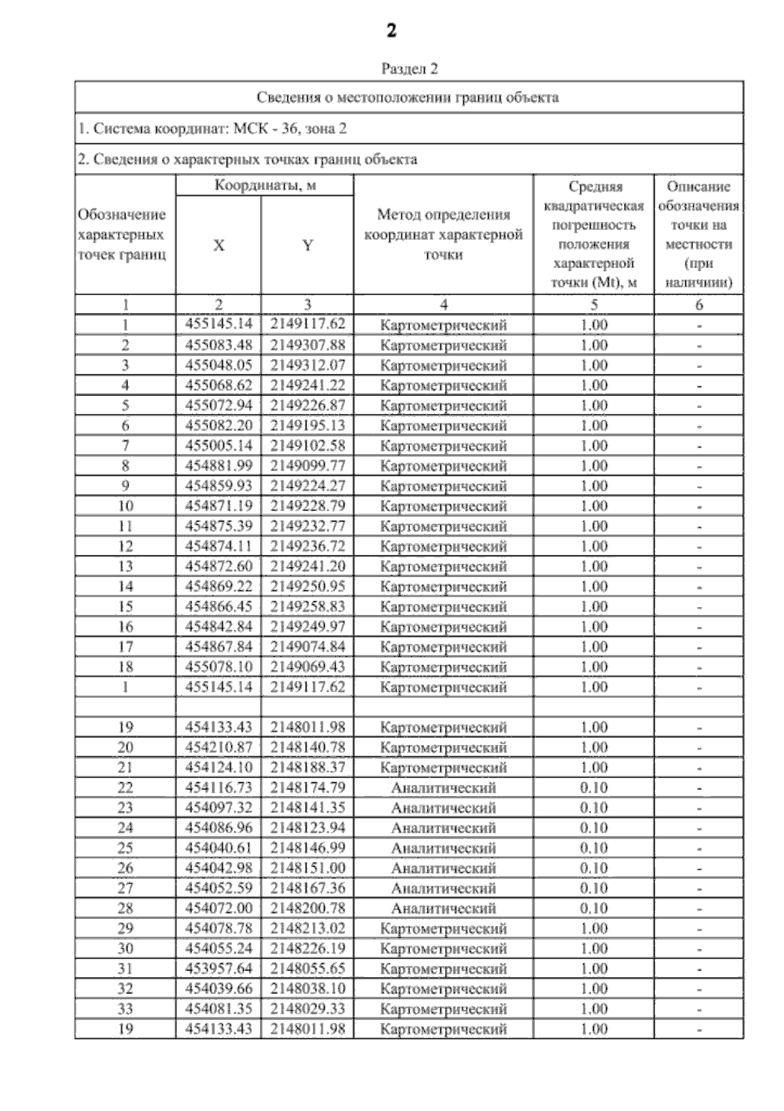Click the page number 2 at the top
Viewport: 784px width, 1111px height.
pos(391,31)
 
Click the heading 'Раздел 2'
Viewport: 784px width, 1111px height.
pos(409,69)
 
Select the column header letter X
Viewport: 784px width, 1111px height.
pos(218,245)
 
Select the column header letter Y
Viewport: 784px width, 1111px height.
pos(307,245)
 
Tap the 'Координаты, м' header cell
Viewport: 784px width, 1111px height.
pos(265,186)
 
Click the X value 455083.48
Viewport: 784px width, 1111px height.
pos(218,345)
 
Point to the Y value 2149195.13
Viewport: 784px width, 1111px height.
pos(307,425)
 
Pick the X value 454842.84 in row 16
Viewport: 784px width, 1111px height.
pos(218,627)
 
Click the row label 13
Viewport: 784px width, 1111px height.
pos(125,567)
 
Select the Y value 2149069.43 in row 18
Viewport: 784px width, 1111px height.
pos(307,667)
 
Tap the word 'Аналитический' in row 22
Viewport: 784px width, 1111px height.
pos(443,788)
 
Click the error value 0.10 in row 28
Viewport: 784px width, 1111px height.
pos(593,908)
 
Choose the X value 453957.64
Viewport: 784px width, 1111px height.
pos(218,969)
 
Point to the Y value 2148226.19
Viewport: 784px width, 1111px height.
pos(307,948)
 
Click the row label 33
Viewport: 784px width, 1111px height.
pos(125,1009)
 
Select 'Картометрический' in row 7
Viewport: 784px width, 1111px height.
pos(443,446)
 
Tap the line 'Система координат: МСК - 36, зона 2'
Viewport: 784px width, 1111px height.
pos(212,129)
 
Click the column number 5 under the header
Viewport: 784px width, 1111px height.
pos(593,305)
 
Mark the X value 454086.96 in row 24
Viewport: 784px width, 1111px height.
pos(218,828)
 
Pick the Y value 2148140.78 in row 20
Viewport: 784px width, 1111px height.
pos(307,747)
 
